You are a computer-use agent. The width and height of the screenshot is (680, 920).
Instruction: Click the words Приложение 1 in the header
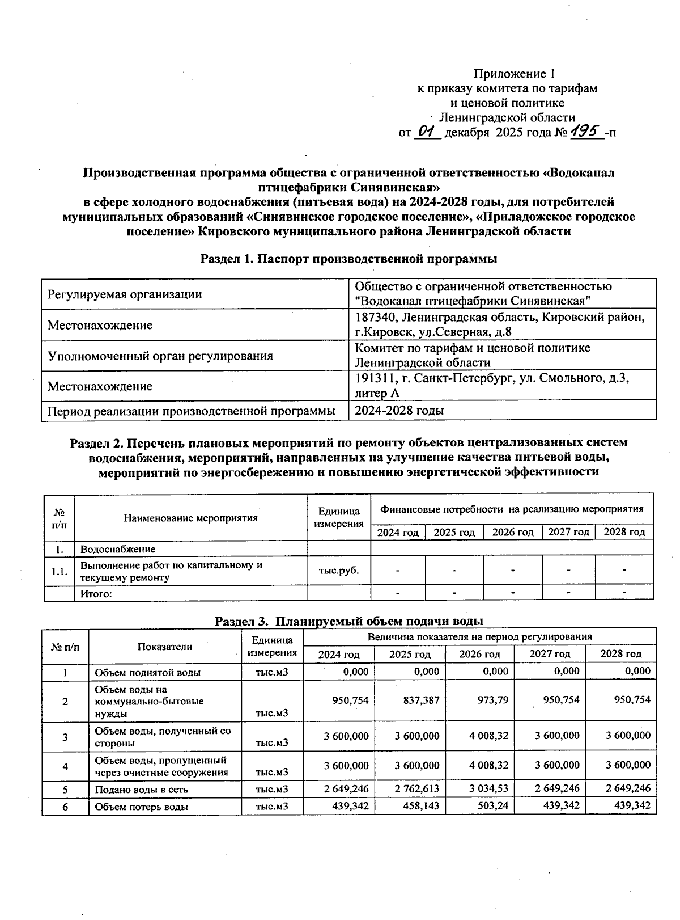pyautogui.click(x=514, y=74)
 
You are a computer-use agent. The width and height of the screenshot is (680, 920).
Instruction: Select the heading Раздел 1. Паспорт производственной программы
pyautogui.click(x=348, y=259)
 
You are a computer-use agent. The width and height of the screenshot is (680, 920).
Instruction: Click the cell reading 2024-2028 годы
pyautogui.click(x=399, y=411)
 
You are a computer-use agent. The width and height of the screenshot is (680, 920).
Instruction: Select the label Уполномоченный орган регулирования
pyautogui.click(x=160, y=356)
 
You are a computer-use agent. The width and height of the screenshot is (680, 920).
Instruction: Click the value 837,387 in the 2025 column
pyautogui.click(x=421, y=700)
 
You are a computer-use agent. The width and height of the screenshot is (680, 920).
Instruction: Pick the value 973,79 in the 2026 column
pyautogui.click(x=492, y=700)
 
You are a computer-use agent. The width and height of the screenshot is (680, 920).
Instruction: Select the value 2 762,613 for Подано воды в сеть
pyautogui.click(x=417, y=789)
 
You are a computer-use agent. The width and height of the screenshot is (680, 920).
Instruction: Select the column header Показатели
pyautogui.click(x=165, y=647)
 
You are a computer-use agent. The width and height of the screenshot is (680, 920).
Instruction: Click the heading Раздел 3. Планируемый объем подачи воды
pyautogui.click(x=348, y=621)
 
